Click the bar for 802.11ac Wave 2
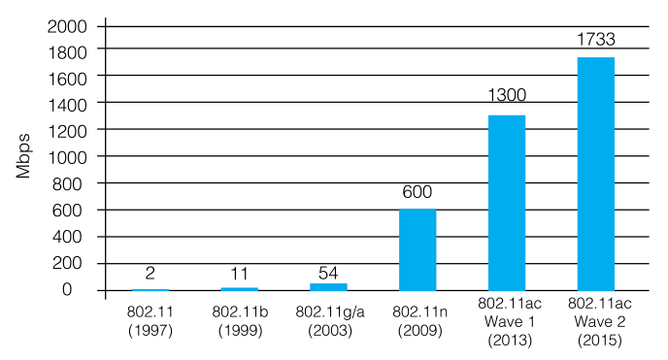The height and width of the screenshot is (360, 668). [595, 174]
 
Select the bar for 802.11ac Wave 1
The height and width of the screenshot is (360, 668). [506, 203]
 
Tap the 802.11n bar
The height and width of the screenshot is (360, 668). [417, 249]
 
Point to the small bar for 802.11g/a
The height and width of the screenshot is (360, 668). [328, 286]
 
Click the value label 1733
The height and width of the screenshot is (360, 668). [595, 41]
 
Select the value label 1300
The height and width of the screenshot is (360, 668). [506, 98]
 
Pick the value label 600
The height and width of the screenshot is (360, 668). [417, 192]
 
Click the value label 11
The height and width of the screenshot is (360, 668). [239, 273]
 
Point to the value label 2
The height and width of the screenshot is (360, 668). [150, 274]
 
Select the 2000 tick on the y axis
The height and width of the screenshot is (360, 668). [66, 22]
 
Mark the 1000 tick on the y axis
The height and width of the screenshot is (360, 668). [66, 156]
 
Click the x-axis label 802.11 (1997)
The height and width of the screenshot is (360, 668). [150, 321]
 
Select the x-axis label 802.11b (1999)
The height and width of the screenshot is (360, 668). [239, 321]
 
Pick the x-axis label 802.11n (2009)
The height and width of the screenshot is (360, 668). [417, 321]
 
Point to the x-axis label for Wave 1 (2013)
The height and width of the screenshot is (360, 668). [506, 321]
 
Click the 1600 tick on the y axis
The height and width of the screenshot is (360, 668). [66, 76]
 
